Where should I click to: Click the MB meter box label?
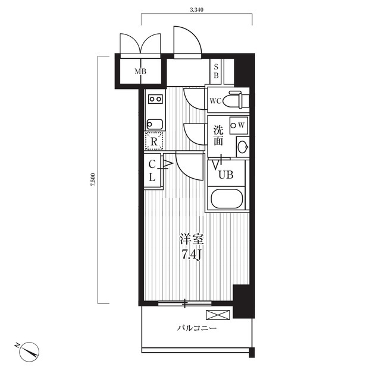coord(140,71)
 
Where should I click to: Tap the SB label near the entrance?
coord(216,71)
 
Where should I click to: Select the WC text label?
coord(215,101)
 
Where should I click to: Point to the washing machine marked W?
coord(239,125)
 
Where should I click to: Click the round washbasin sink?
coord(243,147)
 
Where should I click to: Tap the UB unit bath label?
coord(226,175)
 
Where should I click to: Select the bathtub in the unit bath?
coord(227,198)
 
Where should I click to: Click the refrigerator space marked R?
coord(154,141)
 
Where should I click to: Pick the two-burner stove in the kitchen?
coord(155,99)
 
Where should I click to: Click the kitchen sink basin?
coord(155,124)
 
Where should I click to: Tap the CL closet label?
coord(152,171)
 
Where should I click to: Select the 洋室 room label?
coord(192,239)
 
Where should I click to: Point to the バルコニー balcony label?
coord(196,328)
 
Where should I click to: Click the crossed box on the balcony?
coord(218,315)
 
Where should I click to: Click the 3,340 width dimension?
coord(196,10)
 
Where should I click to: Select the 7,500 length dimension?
coord(93,179)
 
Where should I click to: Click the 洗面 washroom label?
coord(218,136)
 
